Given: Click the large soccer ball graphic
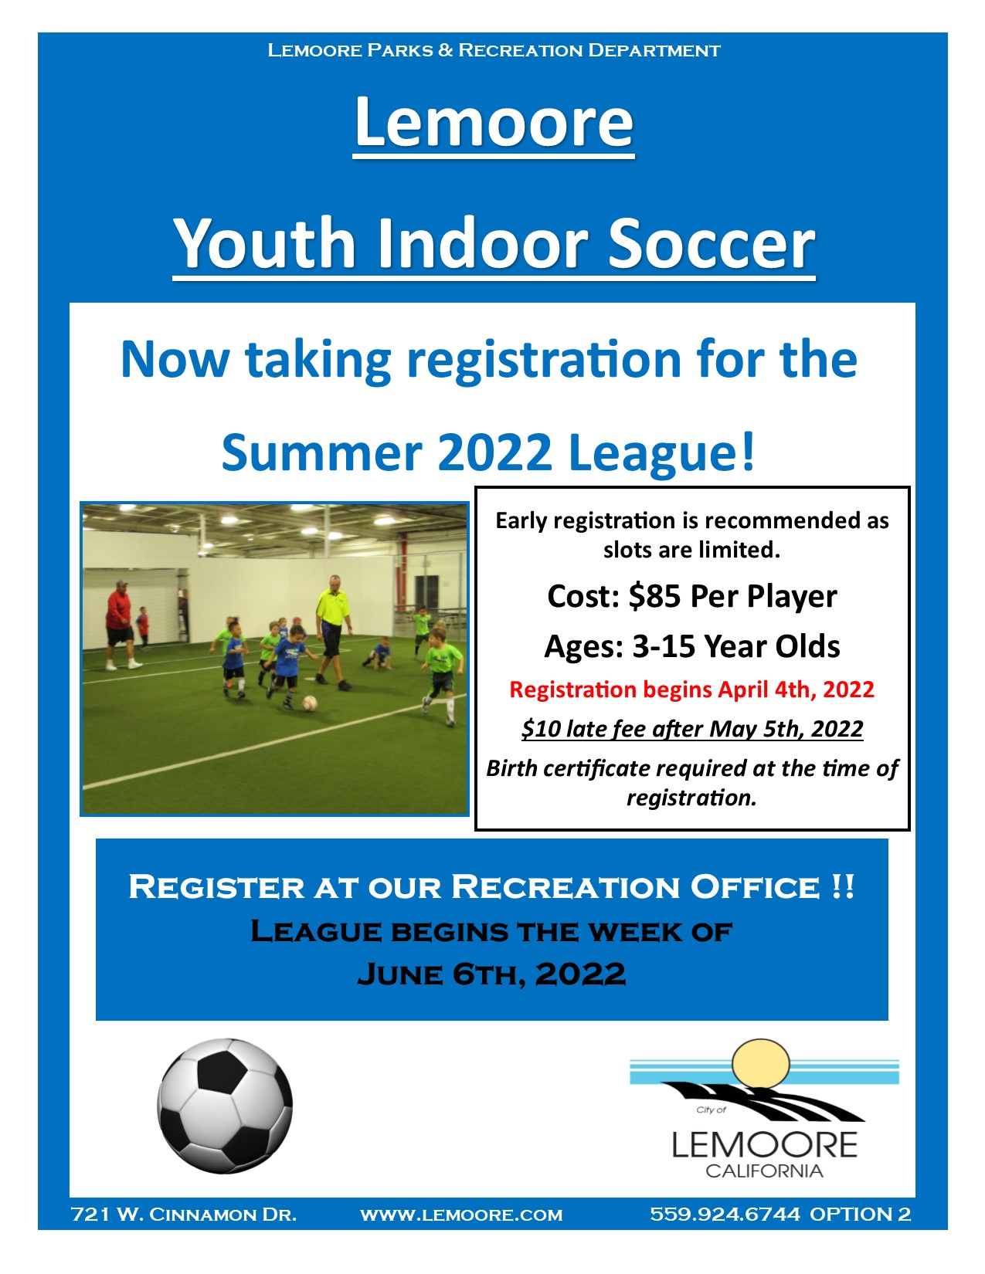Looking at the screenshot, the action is point(225,1106).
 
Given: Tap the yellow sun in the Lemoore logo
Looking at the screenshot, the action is point(761,1064).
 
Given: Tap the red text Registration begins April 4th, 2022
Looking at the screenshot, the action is point(691,690).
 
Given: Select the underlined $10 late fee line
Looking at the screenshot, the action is point(692,729).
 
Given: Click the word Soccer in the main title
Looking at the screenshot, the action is point(711,243).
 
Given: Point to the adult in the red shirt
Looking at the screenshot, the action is point(121,625).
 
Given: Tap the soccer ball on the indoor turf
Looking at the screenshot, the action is point(309,703).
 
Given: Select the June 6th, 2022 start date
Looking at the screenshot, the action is point(491,974).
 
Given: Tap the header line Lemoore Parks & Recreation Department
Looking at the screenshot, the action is point(494,50).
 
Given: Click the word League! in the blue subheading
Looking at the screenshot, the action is point(661,453).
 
